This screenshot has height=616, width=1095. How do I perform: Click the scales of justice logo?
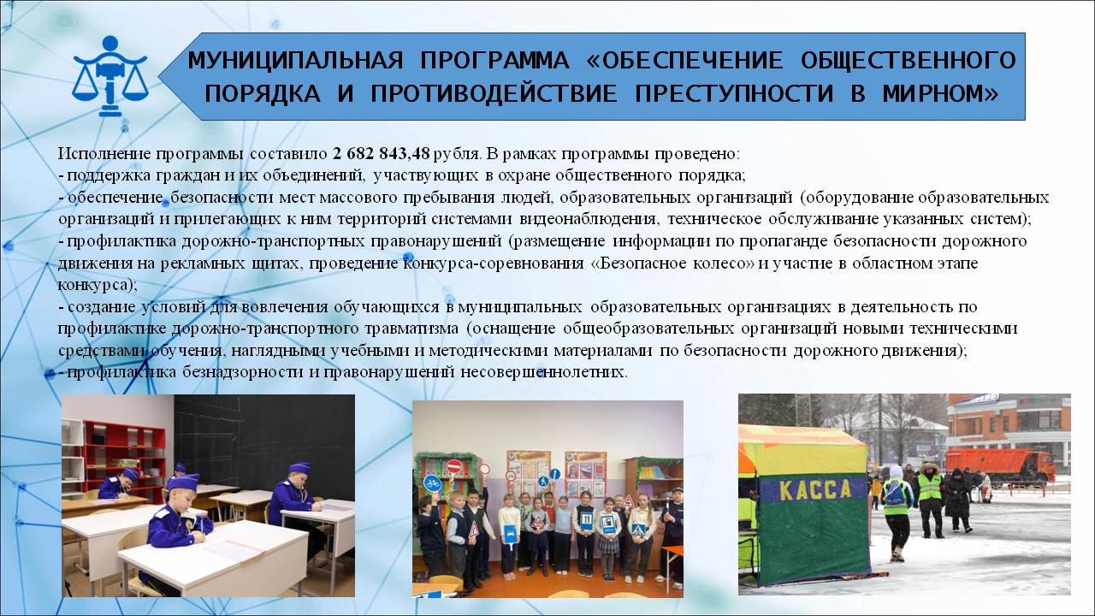click(110, 76)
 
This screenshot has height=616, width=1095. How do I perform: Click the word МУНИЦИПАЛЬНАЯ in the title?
click(295, 60)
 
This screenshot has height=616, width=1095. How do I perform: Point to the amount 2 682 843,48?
click(382, 153)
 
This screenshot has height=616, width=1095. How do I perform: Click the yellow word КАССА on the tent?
click(815, 490)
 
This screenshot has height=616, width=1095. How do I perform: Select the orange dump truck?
click(1000, 466)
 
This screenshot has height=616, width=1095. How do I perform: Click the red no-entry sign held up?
click(454, 466)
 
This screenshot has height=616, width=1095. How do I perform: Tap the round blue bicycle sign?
click(432, 483)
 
